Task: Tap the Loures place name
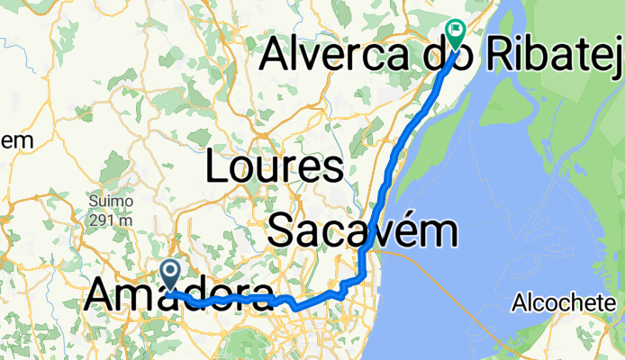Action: pyautogui.click(x=275, y=167)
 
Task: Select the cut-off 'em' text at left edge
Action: pyautogui.click(x=18, y=140)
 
